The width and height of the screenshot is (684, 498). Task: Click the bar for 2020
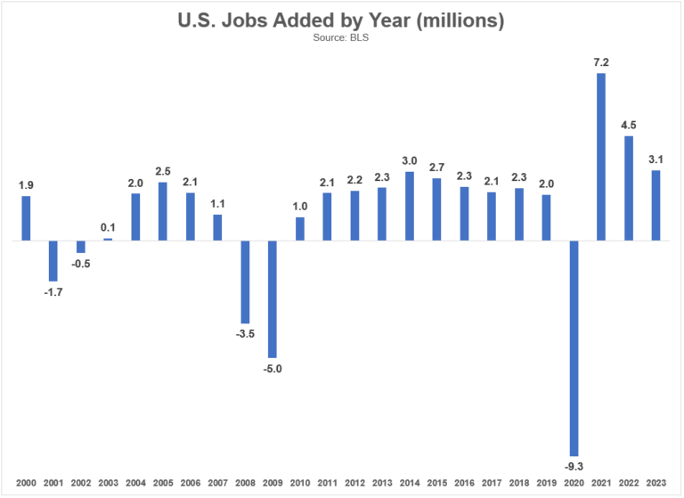(x=574, y=348)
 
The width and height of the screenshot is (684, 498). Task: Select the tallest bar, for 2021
(x=601, y=157)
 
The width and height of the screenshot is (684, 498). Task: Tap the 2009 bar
(x=273, y=299)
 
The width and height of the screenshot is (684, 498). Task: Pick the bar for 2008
(x=245, y=282)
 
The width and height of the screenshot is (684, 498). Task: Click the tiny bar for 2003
(x=108, y=240)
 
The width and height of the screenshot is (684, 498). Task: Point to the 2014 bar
(x=410, y=206)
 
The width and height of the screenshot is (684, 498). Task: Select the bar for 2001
(x=53, y=261)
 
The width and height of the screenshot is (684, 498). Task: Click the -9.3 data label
(x=574, y=466)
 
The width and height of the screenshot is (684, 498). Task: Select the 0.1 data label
(x=108, y=228)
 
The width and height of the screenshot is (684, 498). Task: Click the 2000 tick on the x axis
(x=26, y=482)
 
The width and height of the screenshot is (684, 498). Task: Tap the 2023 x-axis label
(x=656, y=482)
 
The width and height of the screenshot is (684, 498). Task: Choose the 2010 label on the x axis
(x=300, y=482)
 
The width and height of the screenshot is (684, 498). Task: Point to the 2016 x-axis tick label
(x=464, y=482)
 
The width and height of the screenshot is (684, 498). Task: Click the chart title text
(x=342, y=20)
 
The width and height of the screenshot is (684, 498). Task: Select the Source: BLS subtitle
(x=342, y=39)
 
